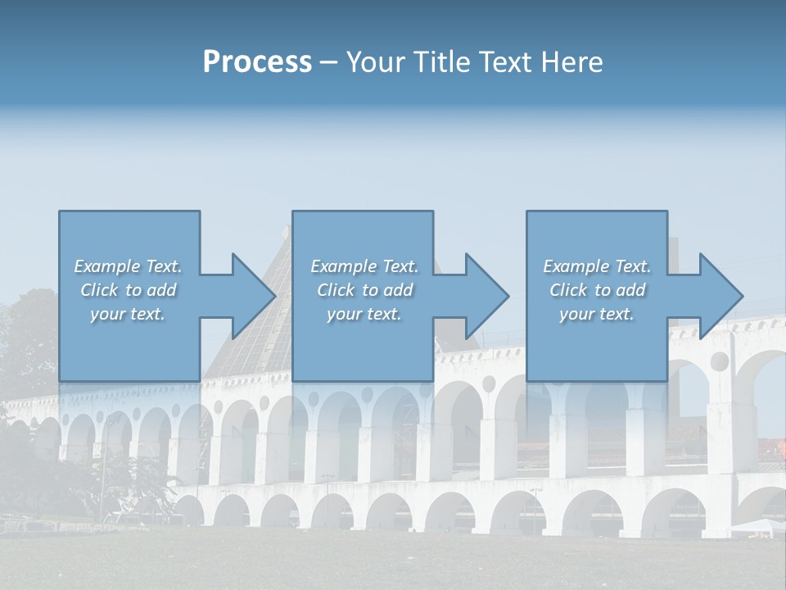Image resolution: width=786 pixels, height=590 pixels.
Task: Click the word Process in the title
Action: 257,62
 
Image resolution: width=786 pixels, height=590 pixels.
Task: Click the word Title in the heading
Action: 440,62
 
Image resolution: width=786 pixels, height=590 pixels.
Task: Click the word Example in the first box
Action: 107,266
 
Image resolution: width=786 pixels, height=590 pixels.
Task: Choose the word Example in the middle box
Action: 344,266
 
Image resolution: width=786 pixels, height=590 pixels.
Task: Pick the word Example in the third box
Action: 576,266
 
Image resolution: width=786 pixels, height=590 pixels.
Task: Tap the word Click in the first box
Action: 99,290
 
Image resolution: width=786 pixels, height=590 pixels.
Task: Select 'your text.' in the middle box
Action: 364,314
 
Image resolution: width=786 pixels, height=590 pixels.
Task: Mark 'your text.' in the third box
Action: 596,314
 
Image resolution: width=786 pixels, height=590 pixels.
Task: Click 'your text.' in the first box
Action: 127,314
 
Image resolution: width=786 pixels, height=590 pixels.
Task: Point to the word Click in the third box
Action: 568,290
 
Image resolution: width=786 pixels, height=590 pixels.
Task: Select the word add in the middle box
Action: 398,290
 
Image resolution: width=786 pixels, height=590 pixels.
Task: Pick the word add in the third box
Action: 630,290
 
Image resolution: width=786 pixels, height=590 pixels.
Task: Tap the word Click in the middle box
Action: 336,290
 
